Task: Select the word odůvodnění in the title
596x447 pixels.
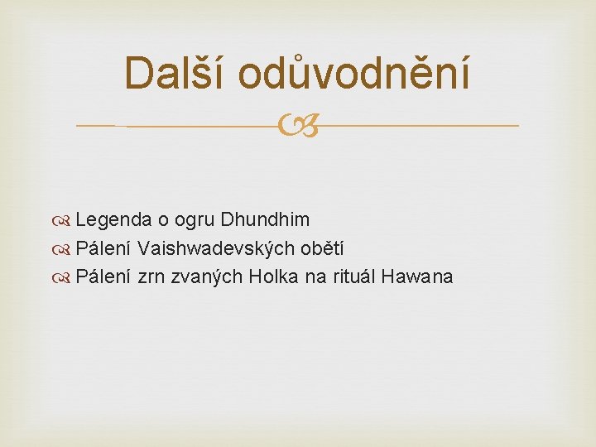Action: [354, 72]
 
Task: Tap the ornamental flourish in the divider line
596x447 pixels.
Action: [298, 125]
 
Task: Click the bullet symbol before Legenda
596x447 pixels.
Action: [60, 220]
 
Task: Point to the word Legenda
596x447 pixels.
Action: [113, 220]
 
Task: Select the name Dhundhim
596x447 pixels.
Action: [265, 219]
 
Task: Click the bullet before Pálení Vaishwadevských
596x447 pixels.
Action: [60, 249]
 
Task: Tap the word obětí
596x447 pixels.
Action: [322, 248]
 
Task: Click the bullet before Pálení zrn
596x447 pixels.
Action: [60, 278]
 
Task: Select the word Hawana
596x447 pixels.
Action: [417, 276]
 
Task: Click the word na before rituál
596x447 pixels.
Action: [315, 277]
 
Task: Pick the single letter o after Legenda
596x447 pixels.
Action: [163, 221]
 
